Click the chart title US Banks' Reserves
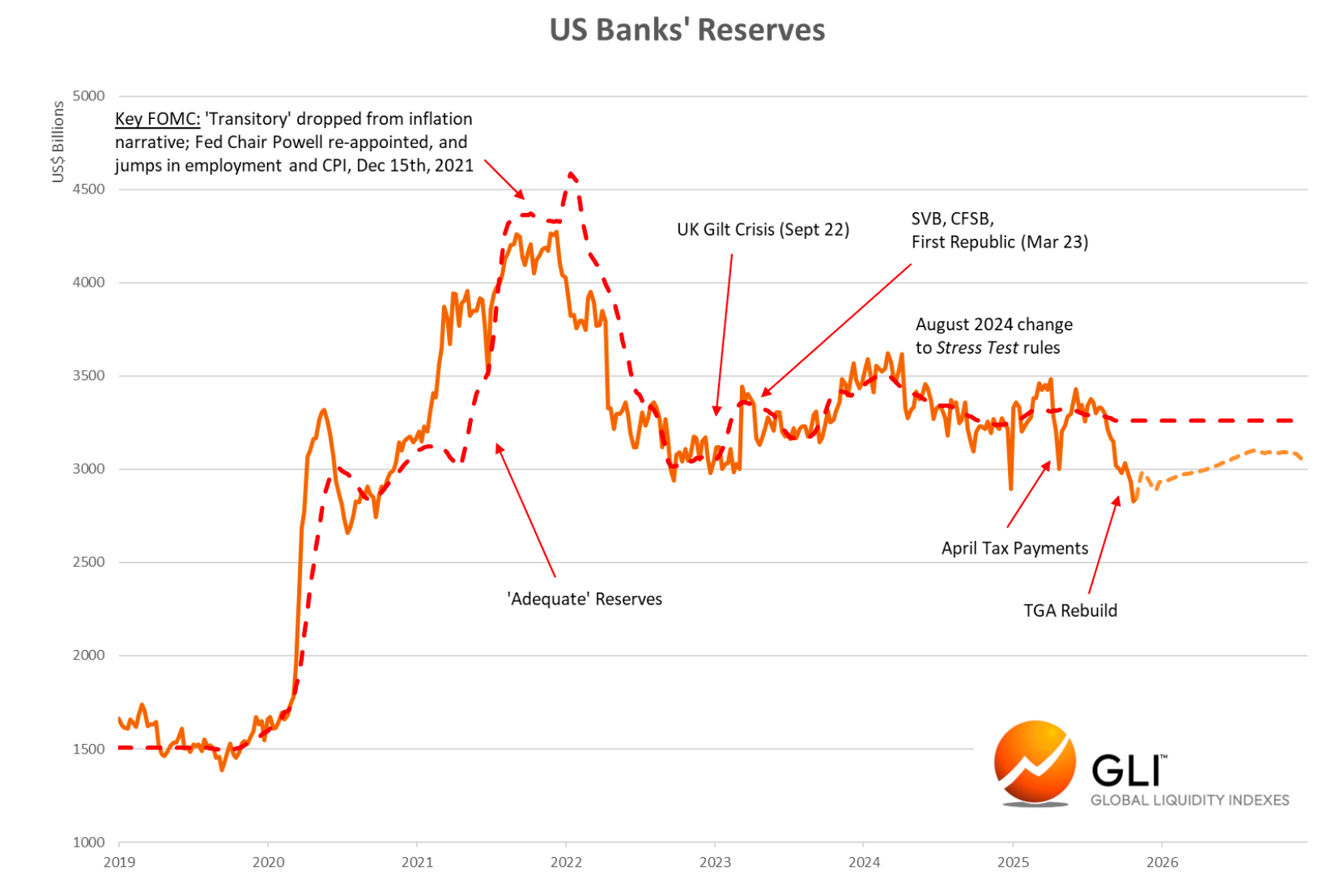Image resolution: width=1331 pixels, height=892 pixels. tap(687, 30)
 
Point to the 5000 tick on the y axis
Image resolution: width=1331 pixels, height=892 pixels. tap(89, 96)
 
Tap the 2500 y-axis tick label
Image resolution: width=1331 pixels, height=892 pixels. tap(89, 562)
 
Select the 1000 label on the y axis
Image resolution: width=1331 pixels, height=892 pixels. tap(89, 842)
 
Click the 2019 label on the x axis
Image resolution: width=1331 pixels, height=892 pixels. tap(119, 862)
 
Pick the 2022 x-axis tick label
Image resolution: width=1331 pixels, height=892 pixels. tap(566, 862)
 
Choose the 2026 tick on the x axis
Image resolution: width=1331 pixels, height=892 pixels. tap(1162, 862)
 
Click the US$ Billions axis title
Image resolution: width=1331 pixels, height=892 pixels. tap(58, 142)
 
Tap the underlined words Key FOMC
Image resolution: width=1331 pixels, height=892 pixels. tap(157, 119)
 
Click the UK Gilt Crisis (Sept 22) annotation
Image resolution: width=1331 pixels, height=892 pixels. tap(763, 230)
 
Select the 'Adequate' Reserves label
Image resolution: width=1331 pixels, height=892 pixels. tap(585, 599)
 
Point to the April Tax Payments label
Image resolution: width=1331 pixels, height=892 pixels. tap(1014, 548)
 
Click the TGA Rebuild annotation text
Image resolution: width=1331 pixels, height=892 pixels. tap(1069, 610)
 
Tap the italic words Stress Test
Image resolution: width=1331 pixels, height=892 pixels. tap(976, 348)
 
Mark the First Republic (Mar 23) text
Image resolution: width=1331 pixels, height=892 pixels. tap(999, 242)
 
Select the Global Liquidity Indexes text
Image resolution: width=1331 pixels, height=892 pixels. tap(1189, 800)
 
